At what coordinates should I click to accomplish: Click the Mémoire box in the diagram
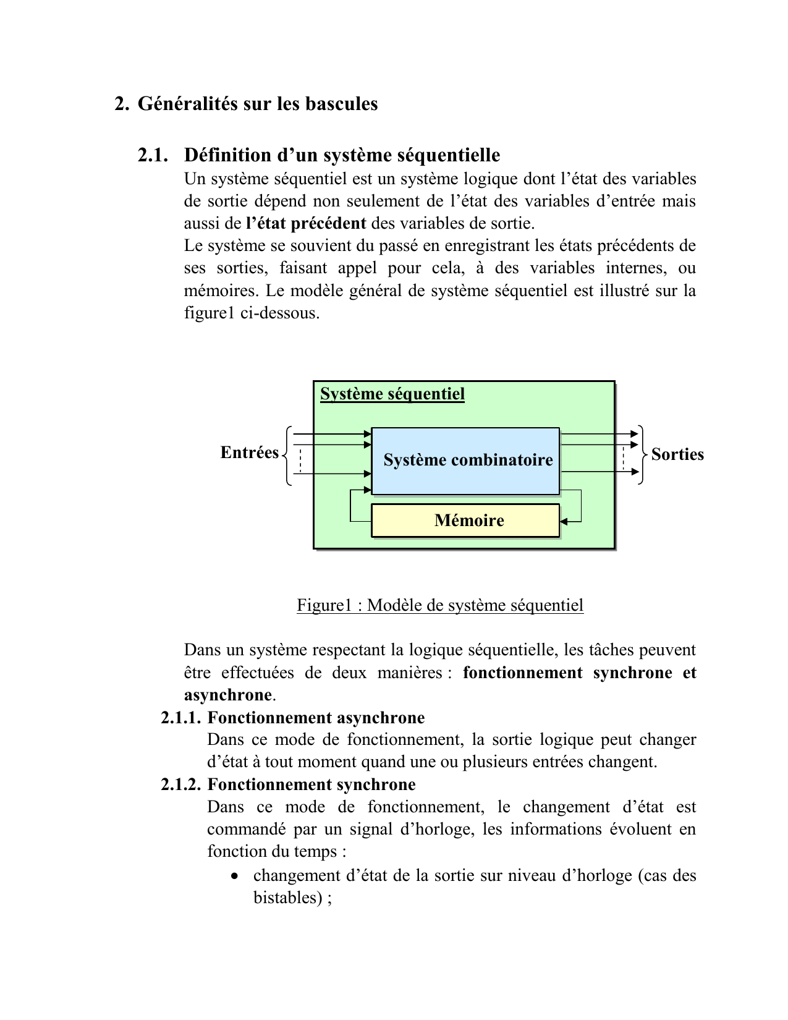pos(465,521)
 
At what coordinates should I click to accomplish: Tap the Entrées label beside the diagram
pos(249,453)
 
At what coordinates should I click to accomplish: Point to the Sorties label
pos(677,454)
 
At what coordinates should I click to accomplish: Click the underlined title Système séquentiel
pos(392,394)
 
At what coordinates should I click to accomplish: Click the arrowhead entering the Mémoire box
pos(564,522)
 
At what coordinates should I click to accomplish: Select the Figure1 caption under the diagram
pos(440,605)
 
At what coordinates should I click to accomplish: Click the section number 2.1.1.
pos(180,718)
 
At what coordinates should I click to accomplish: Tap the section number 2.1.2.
pos(180,784)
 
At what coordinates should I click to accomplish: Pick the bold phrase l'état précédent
pos(306,223)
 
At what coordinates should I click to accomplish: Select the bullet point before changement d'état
pos(234,877)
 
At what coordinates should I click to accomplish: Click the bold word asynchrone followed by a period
pos(228,695)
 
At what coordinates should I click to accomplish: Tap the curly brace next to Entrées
pos(287,454)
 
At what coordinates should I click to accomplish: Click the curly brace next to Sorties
pos(642,454)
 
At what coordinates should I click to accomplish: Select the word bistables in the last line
pos(283,898)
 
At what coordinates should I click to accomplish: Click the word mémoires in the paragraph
pos(218,291)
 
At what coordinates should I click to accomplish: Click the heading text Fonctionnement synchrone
pos(311,784)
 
